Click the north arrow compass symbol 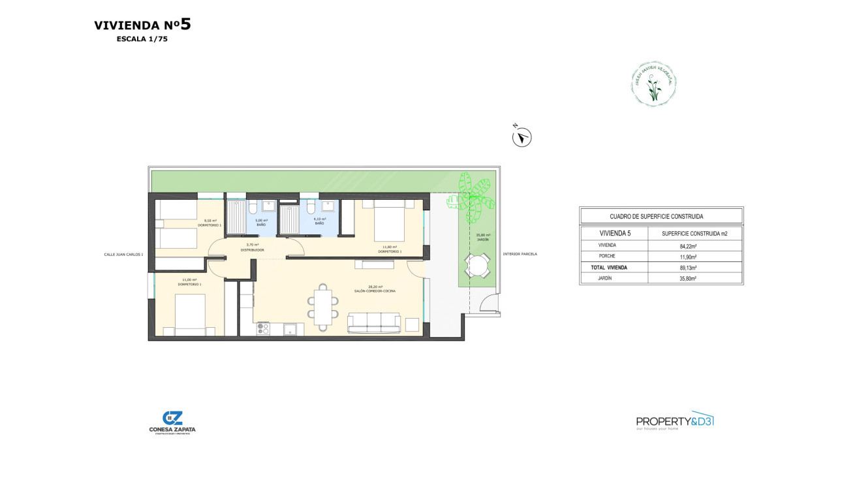(x=522, y=137)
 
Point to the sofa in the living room (x=374, y=322)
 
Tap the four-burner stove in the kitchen (x=263, y=328)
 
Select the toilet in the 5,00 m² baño (x=252, y=207)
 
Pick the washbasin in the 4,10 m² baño (x=329, y=206)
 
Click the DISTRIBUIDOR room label (x=252, y=249)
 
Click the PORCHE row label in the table (x=607, y=257)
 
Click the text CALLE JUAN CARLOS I (x=123, y=254)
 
